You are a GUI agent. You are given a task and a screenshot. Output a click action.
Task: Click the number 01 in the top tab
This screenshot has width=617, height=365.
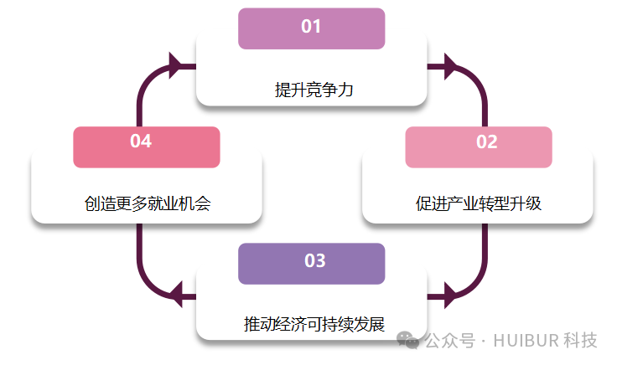point(311,27)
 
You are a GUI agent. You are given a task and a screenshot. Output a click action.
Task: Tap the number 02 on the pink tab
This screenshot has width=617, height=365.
point(487,142)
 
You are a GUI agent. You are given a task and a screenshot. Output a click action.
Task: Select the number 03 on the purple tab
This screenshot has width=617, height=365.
point(314,261)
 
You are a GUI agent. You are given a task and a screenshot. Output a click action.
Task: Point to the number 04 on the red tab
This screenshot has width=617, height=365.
point(141,141)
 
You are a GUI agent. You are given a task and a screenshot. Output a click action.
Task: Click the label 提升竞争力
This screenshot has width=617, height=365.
point(314,90)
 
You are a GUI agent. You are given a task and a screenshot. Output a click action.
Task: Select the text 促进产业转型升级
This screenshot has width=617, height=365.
point(479,203)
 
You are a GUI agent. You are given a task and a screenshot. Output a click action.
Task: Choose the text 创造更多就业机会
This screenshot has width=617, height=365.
point(147,203)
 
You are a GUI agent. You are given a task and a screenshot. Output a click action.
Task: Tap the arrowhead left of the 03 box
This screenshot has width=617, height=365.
point(176,294)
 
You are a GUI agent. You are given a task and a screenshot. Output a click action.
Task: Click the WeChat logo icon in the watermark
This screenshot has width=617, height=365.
point(408,339)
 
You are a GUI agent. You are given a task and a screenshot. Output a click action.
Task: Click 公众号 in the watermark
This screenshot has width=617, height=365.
point(446,341)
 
